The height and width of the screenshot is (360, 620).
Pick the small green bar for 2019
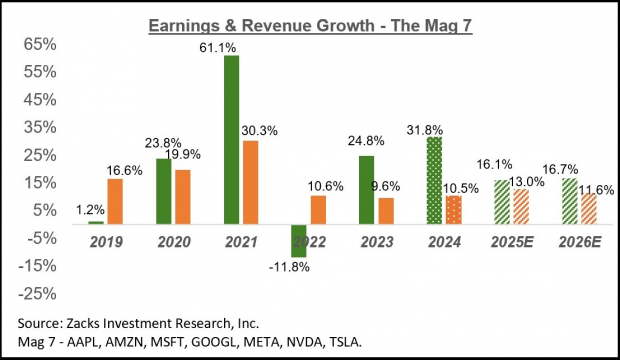[96, 222]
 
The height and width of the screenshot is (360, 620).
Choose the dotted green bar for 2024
[434, 180]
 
